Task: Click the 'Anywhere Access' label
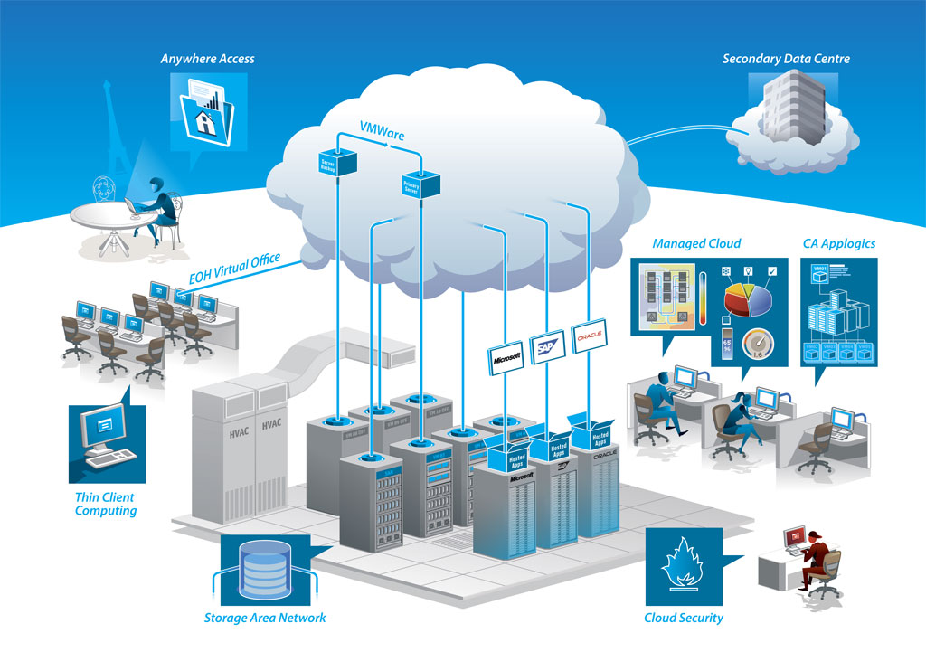(207, 59)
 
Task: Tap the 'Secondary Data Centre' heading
(786, 59)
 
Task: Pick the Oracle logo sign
(589, 337)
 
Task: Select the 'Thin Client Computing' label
(106, 504)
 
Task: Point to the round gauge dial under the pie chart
(758, 346)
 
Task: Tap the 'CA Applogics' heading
(838, 243)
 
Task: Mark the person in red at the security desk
(817, 557)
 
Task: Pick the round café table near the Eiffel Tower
(101, 220)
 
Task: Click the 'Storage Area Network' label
(264, 618)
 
